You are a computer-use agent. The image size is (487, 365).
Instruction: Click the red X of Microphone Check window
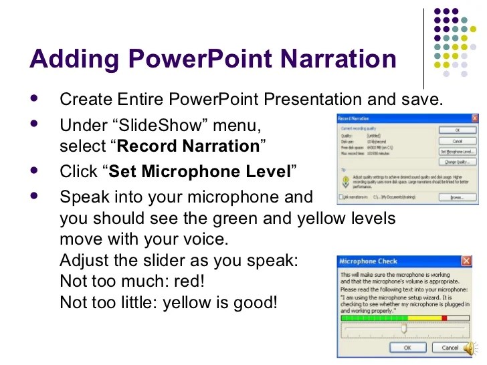[465, 261]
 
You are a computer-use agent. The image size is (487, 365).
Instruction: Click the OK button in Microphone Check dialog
[406, 348]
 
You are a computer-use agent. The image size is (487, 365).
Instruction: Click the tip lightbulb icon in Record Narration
[344, 180]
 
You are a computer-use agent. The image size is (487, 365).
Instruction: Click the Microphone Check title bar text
[369, 261]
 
